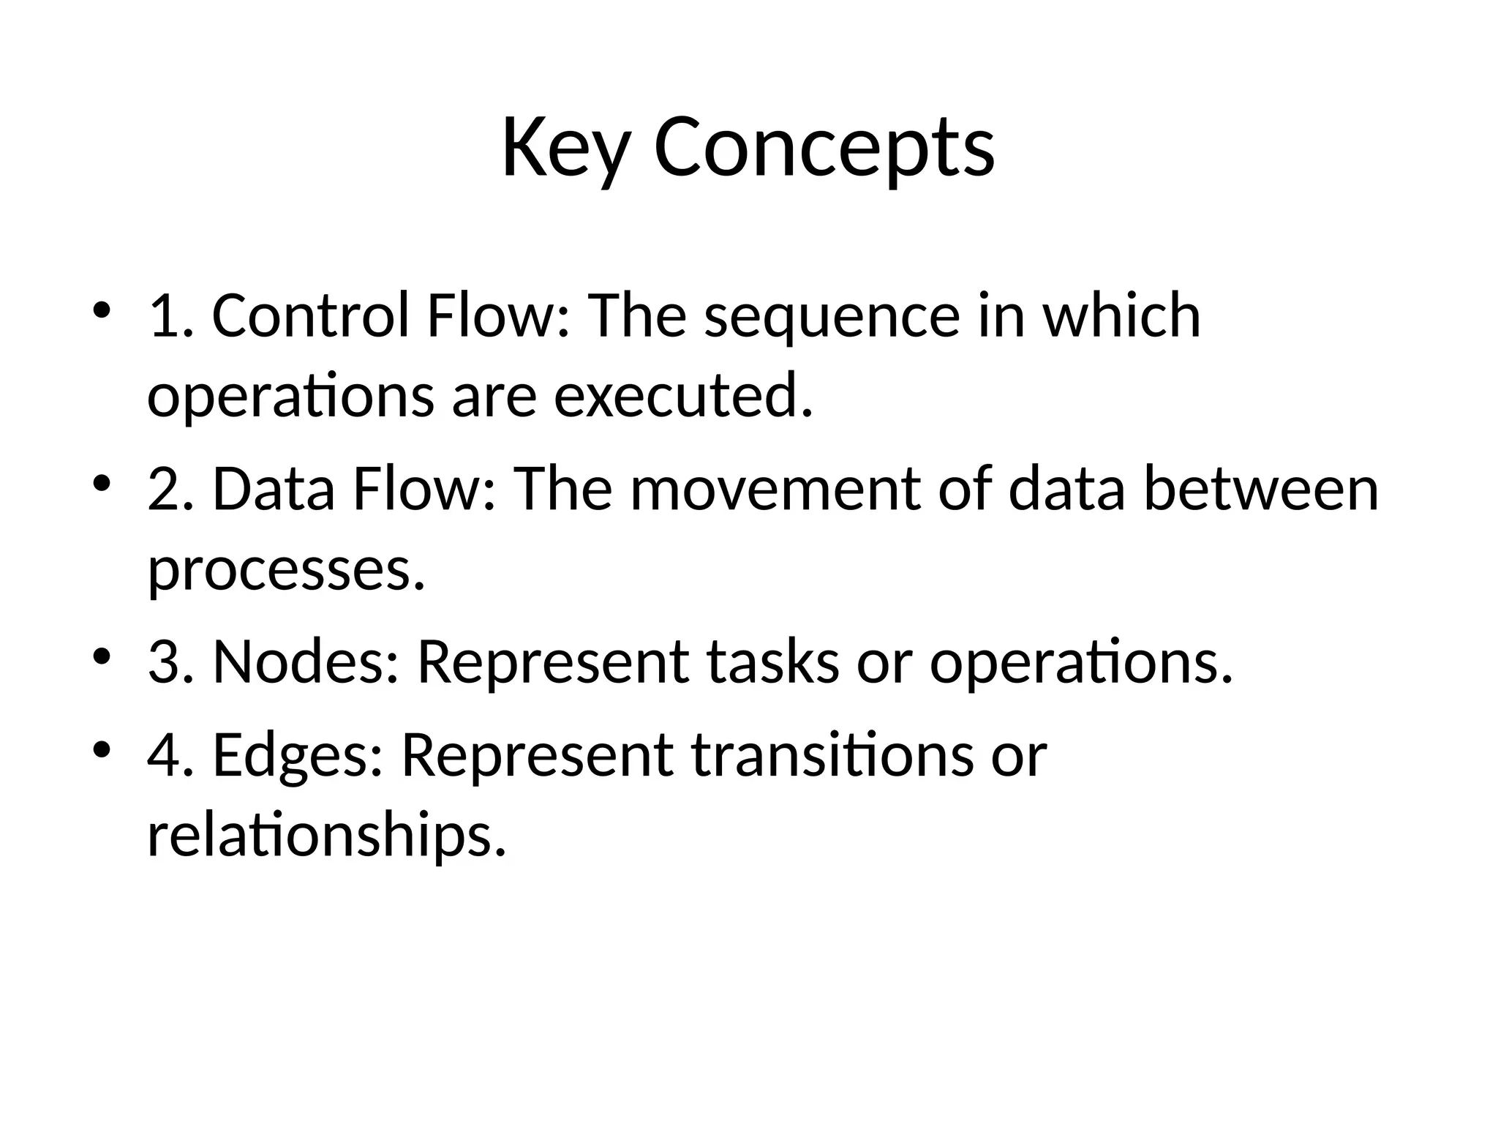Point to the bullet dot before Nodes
[x=102, y=655]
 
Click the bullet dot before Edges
[x=102, y=749]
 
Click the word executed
[x=683, y=397]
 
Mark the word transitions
[x=832, y=755]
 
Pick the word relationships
[x=326, y=836]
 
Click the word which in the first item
[x=1121, y=316]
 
